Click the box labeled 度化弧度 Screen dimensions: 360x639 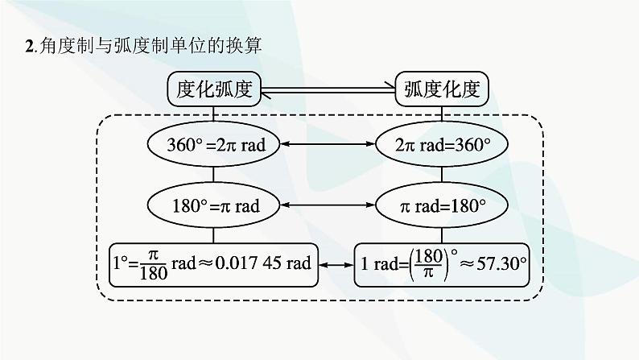click(x=213, y=89)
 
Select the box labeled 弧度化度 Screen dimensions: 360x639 click(x=443, y=89)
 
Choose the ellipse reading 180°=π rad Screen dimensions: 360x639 click(x=212, y=205)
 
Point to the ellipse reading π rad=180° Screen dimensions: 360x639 click(x=443, y=205)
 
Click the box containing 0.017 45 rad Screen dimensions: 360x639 click(x=212, y=264)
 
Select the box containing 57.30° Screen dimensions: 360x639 click(x=443, y=264)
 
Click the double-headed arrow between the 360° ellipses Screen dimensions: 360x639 click(x=328, y=144)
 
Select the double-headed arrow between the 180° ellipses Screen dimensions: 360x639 click(x=328, y=205)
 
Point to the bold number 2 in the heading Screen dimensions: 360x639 click(x=30, y=46)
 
